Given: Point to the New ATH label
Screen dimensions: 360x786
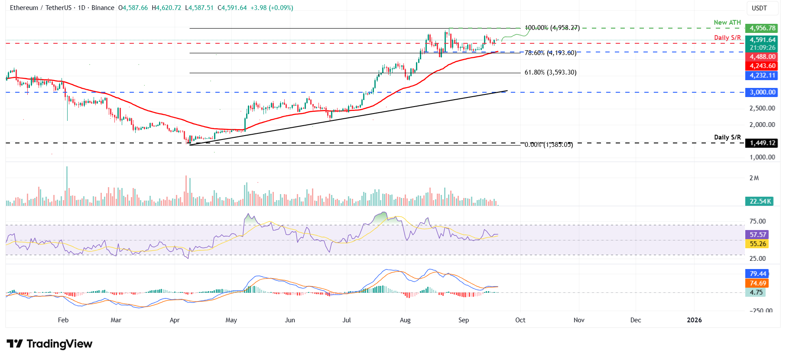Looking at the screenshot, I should click(x=727, y=23).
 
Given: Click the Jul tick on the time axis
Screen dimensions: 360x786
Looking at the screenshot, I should click(x=347, y=320).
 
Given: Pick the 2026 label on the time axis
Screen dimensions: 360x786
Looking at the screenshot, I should click(x=694, y=320).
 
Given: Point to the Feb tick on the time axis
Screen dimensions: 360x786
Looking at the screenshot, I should click(x=63, y=320).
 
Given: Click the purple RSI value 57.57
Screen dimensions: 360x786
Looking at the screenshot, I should click(x=758, y=235).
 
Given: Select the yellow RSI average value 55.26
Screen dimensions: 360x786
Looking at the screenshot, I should click(x=758, y=244).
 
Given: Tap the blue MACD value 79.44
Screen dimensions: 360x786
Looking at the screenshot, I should click(x=758, y=274).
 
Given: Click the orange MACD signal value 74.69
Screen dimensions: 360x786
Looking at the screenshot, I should click(x=758, y=283).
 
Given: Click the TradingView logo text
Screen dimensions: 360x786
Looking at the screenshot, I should click(x=59, y=344).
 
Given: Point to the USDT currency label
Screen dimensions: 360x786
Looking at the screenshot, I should click(x=759, y=8).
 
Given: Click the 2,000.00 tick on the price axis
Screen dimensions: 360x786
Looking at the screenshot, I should click(x=762, y=125).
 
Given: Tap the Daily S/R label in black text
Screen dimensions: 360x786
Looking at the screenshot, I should click(x=727, y=137).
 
